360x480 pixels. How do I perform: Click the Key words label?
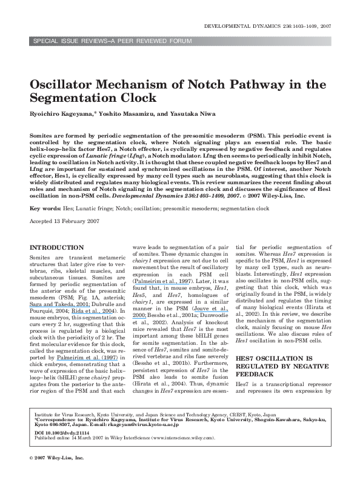tap(42, 207)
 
